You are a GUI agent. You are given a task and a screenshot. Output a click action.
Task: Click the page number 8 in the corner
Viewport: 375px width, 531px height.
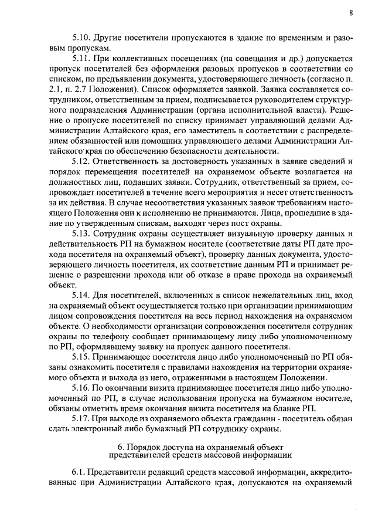350,12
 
